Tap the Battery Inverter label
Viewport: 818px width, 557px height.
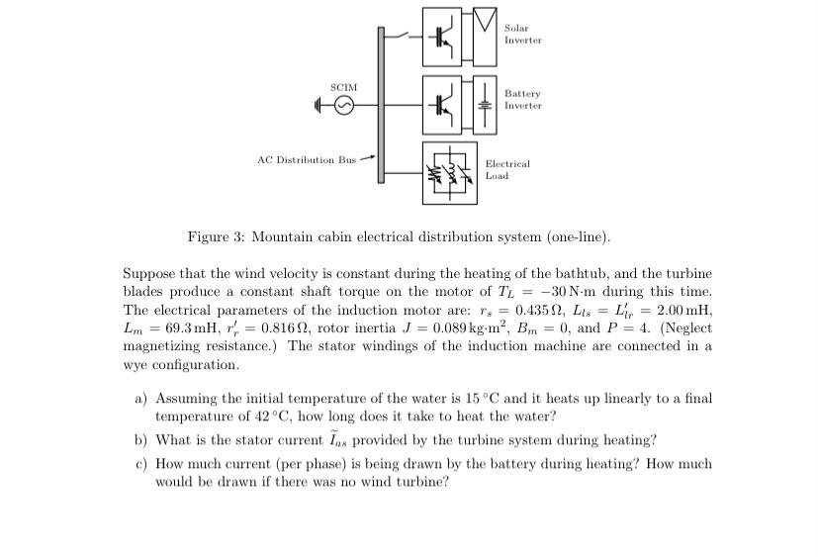pyautogui.click(x=522, y=99)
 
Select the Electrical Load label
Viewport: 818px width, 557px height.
pyautogui.click(x=506, y=169)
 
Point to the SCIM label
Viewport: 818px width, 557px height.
pyautogui.click(x=343, y=87)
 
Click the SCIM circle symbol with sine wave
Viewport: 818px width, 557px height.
pyautogui.click(x=343, y=105)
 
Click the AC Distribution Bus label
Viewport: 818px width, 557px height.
pyautogui.click(x=306, y=159)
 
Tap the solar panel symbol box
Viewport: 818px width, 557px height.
pyautogui.click(x=485, y=36)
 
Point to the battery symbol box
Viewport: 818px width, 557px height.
pyautogui.click(x=485, y=104)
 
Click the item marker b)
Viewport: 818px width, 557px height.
pyautogui.click(x=141, y=440)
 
